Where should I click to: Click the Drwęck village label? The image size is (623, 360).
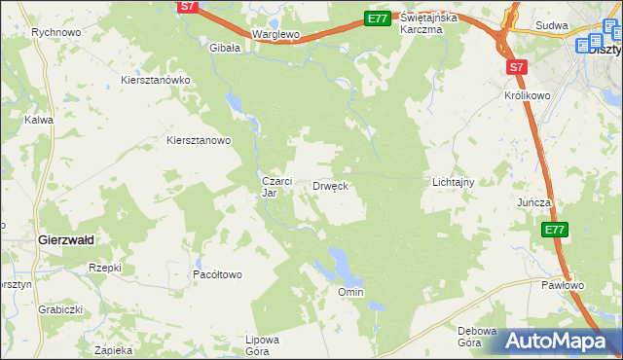tap(330, 185)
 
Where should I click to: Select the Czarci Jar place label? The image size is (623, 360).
tap(273, 187)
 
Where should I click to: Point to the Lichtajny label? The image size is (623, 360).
tap(453, 182)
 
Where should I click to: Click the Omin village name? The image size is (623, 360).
tap(349, 292)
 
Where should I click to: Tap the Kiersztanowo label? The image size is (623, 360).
tap(199, 140)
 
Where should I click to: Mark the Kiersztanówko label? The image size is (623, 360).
tap(155, 80)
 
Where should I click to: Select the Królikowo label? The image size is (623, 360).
tap(530, 98)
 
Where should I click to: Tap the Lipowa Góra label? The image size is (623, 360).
tap(263, 345)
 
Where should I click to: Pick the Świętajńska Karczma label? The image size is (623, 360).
tap(434, 23)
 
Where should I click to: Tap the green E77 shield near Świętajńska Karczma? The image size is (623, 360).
tap(378, 18)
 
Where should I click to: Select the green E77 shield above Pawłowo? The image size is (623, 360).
tap(555, 230)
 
